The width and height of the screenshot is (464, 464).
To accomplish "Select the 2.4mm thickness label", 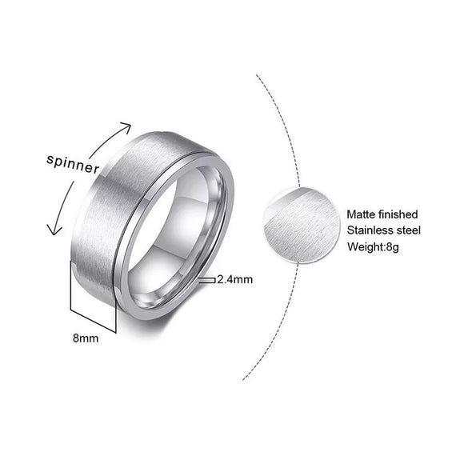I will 234,280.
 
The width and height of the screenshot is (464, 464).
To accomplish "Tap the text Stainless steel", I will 382,230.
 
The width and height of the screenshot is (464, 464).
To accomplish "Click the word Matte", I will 362,214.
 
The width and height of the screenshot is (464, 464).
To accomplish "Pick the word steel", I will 406,230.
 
